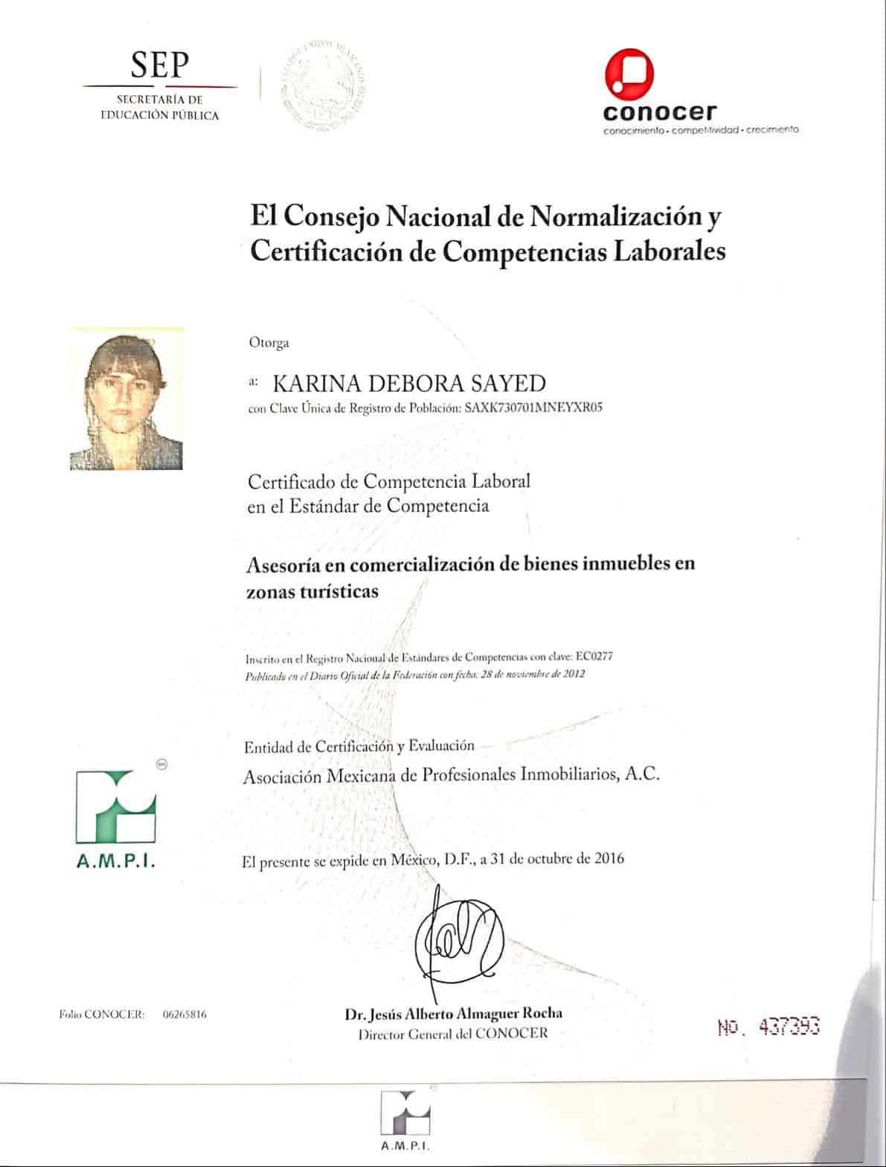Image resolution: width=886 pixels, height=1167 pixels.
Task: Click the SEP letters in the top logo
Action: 160,65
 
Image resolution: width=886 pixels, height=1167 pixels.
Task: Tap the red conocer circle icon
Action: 629,75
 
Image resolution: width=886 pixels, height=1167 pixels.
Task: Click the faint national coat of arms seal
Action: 324,83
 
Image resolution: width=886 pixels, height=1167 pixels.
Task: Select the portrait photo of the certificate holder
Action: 126,399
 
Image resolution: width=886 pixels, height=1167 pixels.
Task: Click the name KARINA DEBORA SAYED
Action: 409,384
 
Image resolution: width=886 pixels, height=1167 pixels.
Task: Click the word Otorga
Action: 269,343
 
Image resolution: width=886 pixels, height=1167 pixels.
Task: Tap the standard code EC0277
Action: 594,657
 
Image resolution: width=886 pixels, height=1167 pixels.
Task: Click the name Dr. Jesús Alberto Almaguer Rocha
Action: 453,1013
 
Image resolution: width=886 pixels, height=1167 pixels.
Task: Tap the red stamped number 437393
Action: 789,1027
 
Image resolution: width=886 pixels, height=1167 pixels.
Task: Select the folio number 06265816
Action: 184,1015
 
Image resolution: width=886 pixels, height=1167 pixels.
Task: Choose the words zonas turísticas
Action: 312,591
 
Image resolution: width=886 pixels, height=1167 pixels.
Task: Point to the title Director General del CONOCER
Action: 453,1032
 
